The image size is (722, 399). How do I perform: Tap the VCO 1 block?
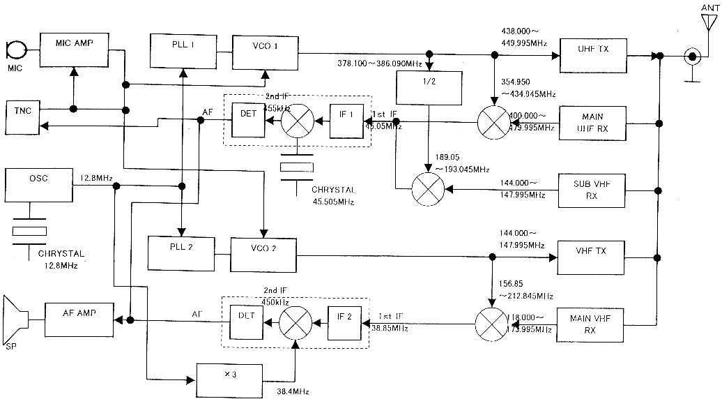point(265,50)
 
